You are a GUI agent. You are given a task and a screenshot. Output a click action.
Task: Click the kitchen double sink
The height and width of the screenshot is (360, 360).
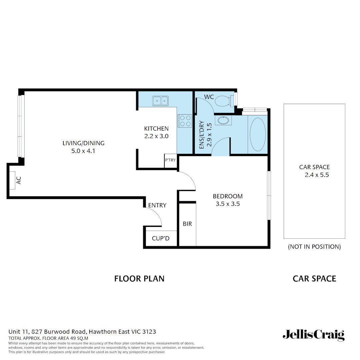point(160,100)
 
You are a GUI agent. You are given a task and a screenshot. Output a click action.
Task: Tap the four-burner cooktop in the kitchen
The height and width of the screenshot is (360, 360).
point(185,121)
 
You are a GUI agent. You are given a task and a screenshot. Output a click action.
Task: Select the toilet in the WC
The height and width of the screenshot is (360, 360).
point(222,100)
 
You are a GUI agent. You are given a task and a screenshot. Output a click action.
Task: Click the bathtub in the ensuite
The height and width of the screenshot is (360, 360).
point(258,134)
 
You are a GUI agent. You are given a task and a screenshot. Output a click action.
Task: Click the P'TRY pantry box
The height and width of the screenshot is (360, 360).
point(170,160)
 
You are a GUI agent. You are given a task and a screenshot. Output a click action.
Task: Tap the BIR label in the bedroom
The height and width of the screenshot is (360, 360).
point(187,224)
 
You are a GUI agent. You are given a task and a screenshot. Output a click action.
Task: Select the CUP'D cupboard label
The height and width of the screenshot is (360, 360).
point(161,239)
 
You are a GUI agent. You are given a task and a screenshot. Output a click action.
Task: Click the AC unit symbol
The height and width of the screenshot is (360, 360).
point(12,180)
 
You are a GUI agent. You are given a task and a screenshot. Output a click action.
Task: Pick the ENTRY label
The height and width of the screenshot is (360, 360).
point(157,205)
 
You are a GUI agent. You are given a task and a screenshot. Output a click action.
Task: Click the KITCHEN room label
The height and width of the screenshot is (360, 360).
point(156,129)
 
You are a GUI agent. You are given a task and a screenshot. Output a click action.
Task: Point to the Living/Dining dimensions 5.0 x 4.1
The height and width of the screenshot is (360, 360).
point(83,151)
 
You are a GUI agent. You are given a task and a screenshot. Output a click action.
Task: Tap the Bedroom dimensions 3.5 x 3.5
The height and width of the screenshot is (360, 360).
point(228,204)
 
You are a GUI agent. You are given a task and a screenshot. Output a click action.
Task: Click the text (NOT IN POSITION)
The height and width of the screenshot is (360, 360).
point(314,247)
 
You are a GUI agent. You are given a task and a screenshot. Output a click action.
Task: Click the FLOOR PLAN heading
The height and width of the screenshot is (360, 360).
point(139,279)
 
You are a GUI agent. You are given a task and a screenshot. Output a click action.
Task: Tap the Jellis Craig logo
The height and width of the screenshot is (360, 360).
point(313,335)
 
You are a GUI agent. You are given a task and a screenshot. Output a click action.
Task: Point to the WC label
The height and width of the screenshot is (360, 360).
point(209,97)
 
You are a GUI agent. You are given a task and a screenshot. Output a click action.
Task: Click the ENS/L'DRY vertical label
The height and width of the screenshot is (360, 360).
point(205,135)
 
